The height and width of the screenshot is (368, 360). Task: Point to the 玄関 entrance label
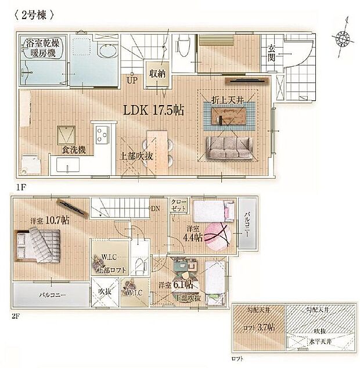click(272, 53)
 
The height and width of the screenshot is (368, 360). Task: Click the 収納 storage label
click(157, 74)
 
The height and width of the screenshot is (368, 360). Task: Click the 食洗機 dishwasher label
click(74, 150)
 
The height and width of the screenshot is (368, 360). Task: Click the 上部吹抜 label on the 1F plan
click(136, 156)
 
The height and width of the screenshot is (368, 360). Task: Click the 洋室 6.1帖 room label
click(174, 285)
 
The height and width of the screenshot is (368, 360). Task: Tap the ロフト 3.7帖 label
click(258, 327)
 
